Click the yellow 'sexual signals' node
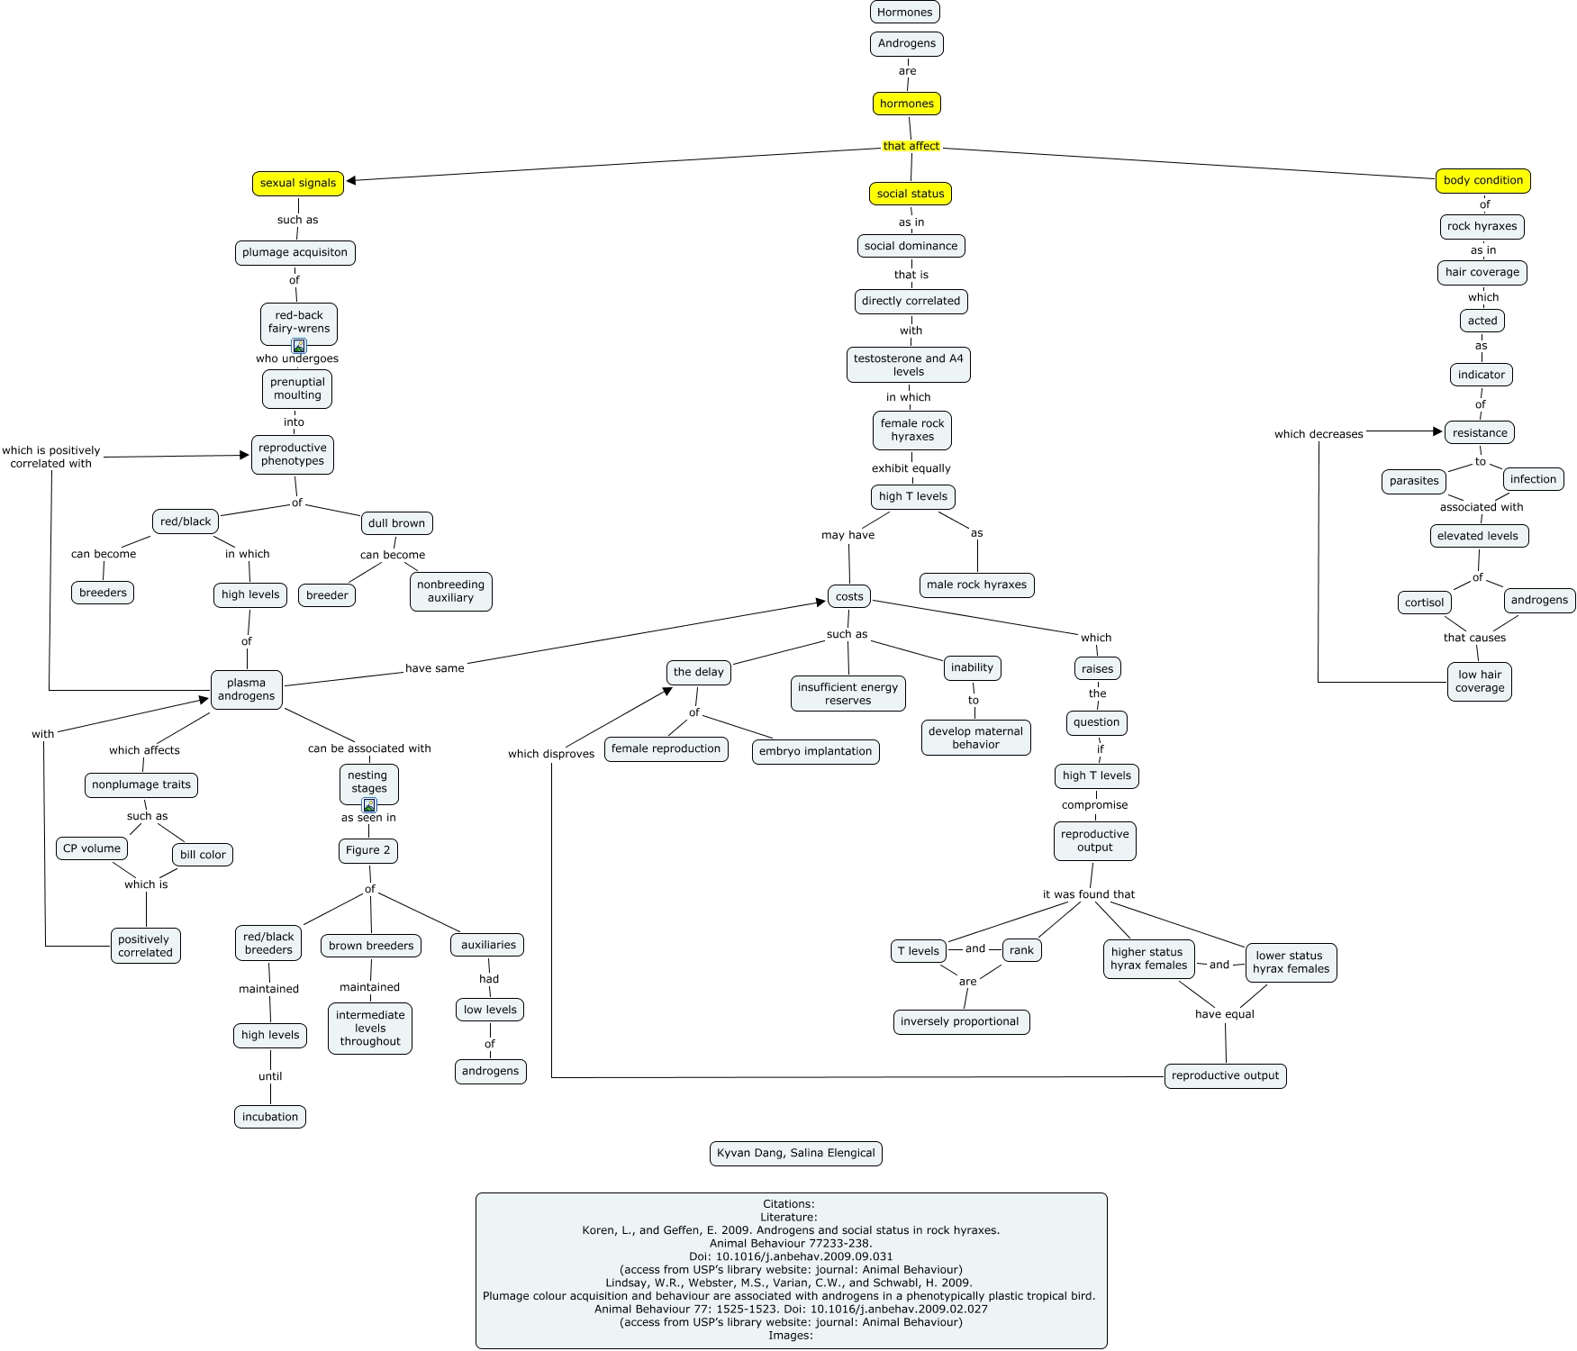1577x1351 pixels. [297, 183]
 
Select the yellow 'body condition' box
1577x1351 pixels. [1482, 180]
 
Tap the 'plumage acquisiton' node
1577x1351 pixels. [295, 252]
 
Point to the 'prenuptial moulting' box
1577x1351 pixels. [297, 388]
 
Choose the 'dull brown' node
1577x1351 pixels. [396, 523]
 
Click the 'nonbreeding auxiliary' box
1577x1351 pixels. [450, 591]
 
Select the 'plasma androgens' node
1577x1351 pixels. [246, 689]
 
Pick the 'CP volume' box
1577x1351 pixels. [92, 848]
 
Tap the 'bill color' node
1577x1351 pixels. [203, 855]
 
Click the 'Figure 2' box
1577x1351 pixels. [368, 850]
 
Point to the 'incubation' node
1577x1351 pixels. [270, 1117]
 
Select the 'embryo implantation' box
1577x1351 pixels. [815, 751]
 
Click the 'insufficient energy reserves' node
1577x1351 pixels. [847, 694]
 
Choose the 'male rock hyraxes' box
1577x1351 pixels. [976, 585]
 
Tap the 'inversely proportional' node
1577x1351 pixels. [959, 1021]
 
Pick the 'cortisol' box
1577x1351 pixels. [1424, 603]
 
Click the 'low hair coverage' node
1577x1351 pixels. [1480, 681]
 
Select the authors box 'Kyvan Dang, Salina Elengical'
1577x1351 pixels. [795, 1153]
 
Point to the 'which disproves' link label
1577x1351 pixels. [551, 754]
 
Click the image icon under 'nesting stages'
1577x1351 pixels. [369, 805]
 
